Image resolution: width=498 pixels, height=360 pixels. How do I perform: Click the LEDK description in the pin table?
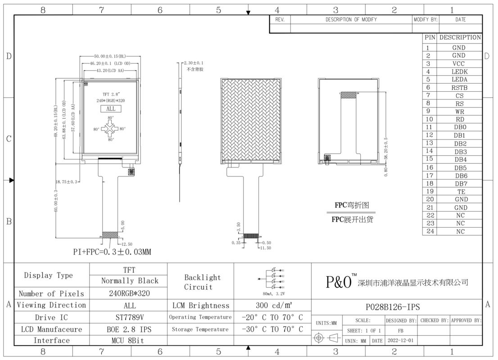(x=459, y=72)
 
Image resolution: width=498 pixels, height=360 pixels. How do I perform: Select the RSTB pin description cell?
(x=459, y=88)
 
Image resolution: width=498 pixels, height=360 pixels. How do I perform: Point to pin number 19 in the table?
(x=429, y=191)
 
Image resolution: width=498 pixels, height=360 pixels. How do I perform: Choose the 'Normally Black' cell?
(x=130, y=281)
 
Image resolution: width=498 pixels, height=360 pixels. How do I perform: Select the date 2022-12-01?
(x=399, y=341)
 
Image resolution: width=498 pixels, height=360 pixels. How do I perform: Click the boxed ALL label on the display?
(x=111, y=109)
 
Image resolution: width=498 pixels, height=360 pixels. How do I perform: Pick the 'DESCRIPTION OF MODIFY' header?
(x=351, y=20)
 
